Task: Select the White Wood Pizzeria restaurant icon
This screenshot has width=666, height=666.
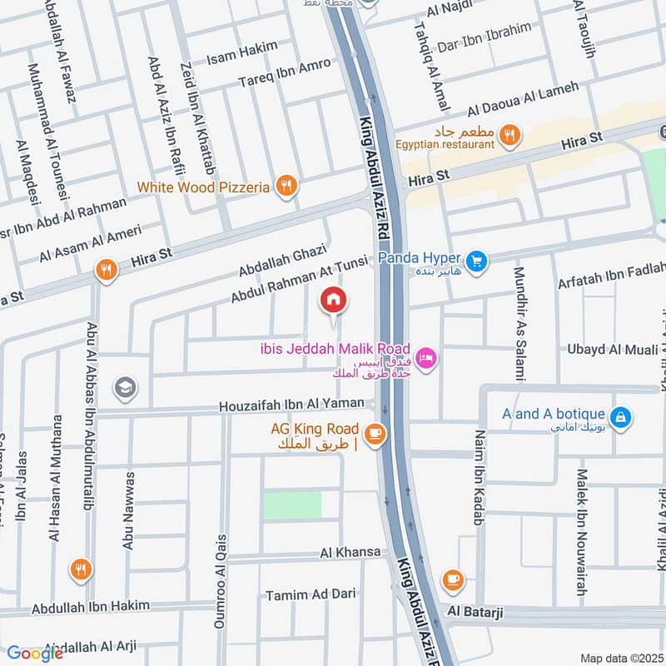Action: pos(286,186)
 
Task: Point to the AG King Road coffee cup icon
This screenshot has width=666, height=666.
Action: pos(375,434)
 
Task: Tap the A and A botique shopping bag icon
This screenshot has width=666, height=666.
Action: pos(619,415)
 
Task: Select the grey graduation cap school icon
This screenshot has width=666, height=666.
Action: pos(126,388)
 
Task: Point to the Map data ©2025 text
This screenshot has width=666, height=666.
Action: pos(620,658)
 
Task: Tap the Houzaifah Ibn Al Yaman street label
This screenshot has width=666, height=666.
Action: pos(291,405)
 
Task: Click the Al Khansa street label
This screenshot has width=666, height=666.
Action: pos(350,553)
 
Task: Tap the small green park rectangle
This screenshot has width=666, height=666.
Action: pos(292,505)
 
